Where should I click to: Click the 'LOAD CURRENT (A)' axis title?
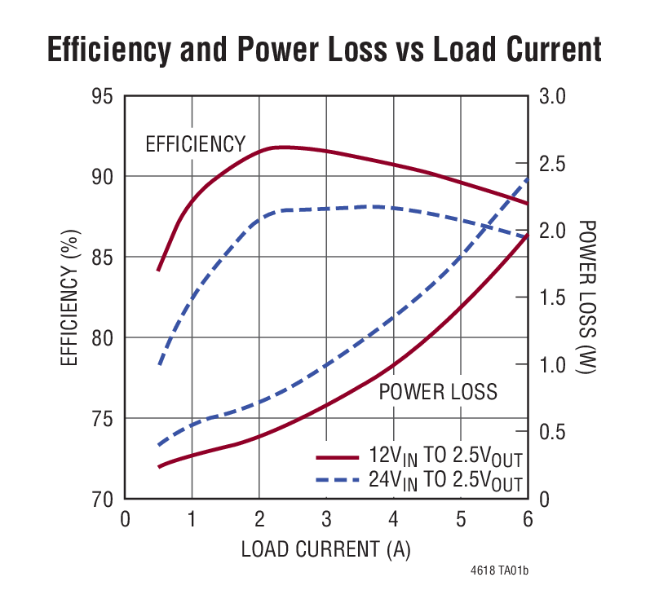(x=325, y=550)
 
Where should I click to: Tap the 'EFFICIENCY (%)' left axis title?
(x=71, y=297)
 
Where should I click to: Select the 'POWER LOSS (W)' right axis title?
(x=586, y=297)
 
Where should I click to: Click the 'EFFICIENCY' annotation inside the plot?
(x=195, y=144)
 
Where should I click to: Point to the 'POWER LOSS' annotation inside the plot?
(x=438, y=392)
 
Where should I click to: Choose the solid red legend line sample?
(x=336, y=456)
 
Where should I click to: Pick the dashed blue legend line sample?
(x=336, y=479)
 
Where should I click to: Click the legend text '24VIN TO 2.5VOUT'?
(x=445, y=480)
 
